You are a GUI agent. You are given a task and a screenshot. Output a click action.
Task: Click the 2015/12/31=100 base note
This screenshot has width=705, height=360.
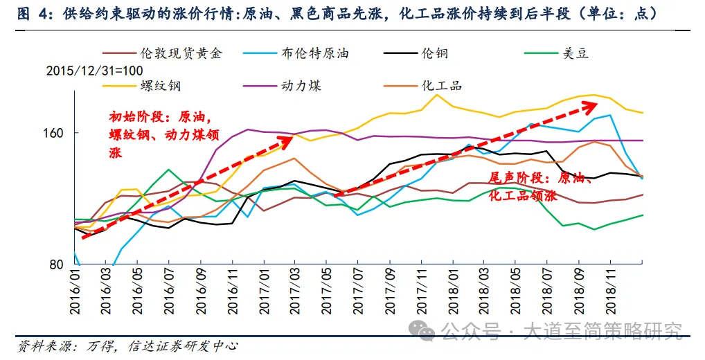(94, 71)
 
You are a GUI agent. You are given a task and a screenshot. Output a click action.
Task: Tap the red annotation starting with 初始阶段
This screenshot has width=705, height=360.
(163, 134)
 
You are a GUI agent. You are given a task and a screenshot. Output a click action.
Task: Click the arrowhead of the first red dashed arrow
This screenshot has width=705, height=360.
(285, 138)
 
